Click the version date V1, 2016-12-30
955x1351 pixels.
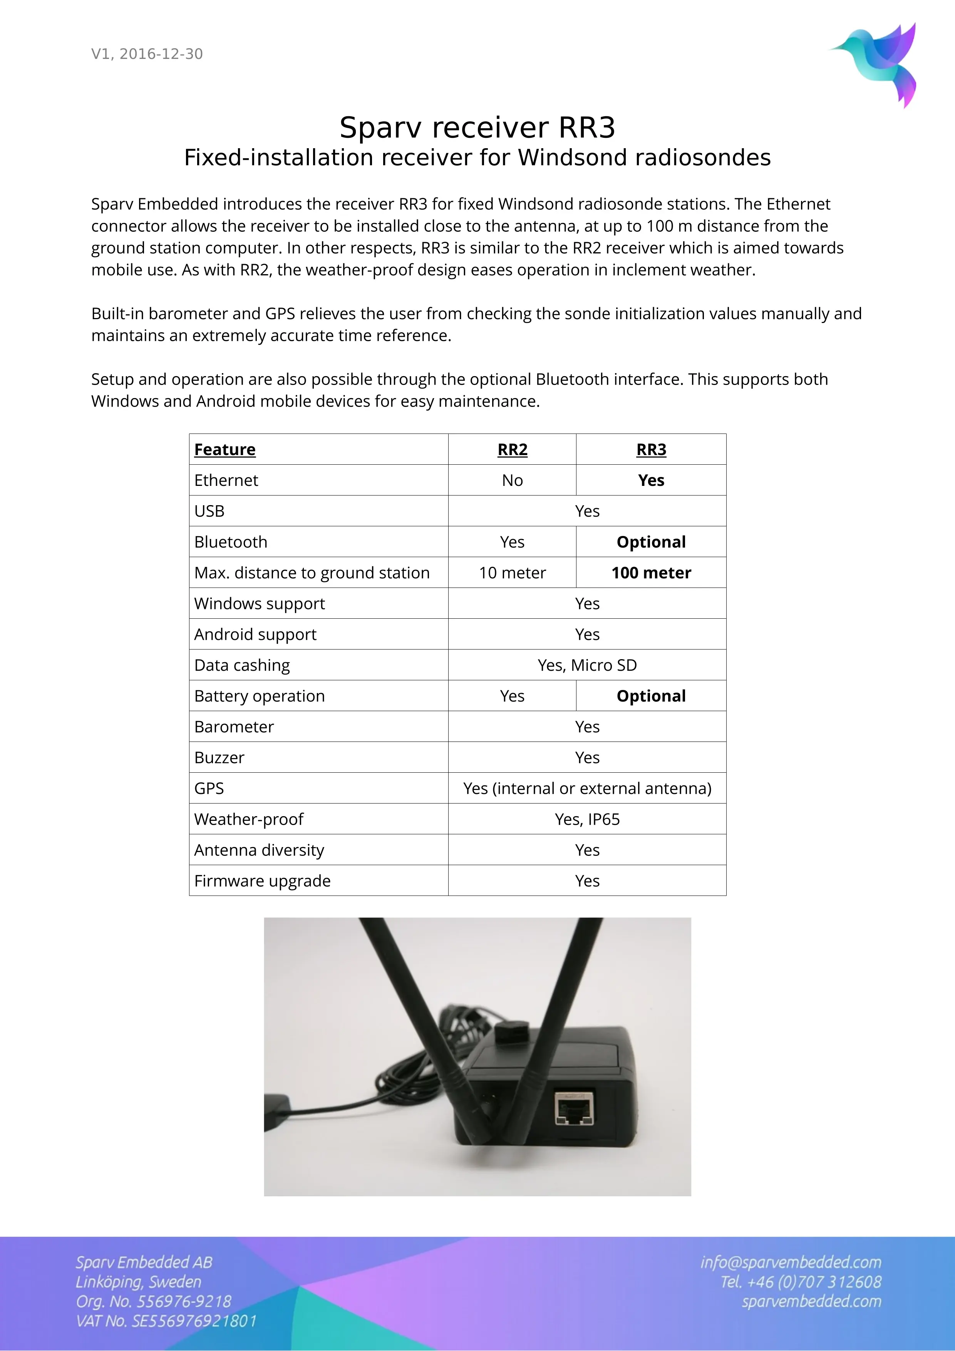[x=147, y=54]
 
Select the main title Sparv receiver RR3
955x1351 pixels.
[x=477, y=128]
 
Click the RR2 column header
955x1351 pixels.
[x=512, y=450]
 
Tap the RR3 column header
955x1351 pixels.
[x=651, y=450]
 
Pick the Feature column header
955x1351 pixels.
[x=225, y=450]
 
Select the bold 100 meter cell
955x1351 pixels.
[x=651, y=573]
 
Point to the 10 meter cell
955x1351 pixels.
[x=512, y=573]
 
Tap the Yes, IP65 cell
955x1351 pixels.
[x=586, y=819]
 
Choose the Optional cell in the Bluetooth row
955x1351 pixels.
[x=651, y=542]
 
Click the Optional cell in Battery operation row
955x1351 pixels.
[x=651, y=696]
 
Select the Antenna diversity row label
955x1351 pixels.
[x=259, y=850]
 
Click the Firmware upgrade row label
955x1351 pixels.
[x=263, y=881]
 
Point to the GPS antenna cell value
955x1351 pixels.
[x=586, y=789]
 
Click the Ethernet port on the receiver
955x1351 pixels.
[x=573, y=1108]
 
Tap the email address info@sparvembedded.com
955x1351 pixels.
[x=790, y=1262]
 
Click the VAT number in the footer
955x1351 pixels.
[x=166, y=1321]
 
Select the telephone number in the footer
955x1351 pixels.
[x=801, y=1282]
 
